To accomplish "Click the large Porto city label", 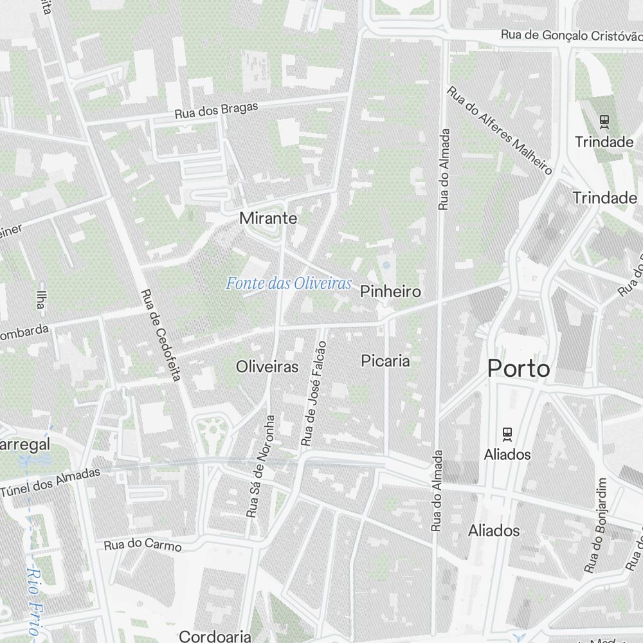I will click(518, 369).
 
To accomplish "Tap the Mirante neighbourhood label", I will click(268, 218).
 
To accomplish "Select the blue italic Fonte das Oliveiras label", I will click(289, 283).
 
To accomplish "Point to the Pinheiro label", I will click(390, 291).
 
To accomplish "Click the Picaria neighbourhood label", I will click(385, 361).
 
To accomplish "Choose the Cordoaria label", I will click(215, 637).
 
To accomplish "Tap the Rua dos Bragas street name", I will click(216, 110).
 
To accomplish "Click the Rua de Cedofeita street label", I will click(160, 334).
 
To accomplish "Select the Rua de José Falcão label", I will click(314, 394).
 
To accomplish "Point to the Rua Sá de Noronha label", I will click(260, 466).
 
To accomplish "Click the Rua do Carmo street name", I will click(143, 545).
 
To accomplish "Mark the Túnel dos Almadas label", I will click(51, 482).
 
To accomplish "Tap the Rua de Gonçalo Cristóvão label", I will click(571, 35).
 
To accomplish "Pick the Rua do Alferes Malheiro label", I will click(500, 131).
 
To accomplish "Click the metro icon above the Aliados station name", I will click(507, 434).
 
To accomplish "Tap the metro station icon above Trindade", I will click(604, 120).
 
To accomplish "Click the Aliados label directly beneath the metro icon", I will click(507, 455).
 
